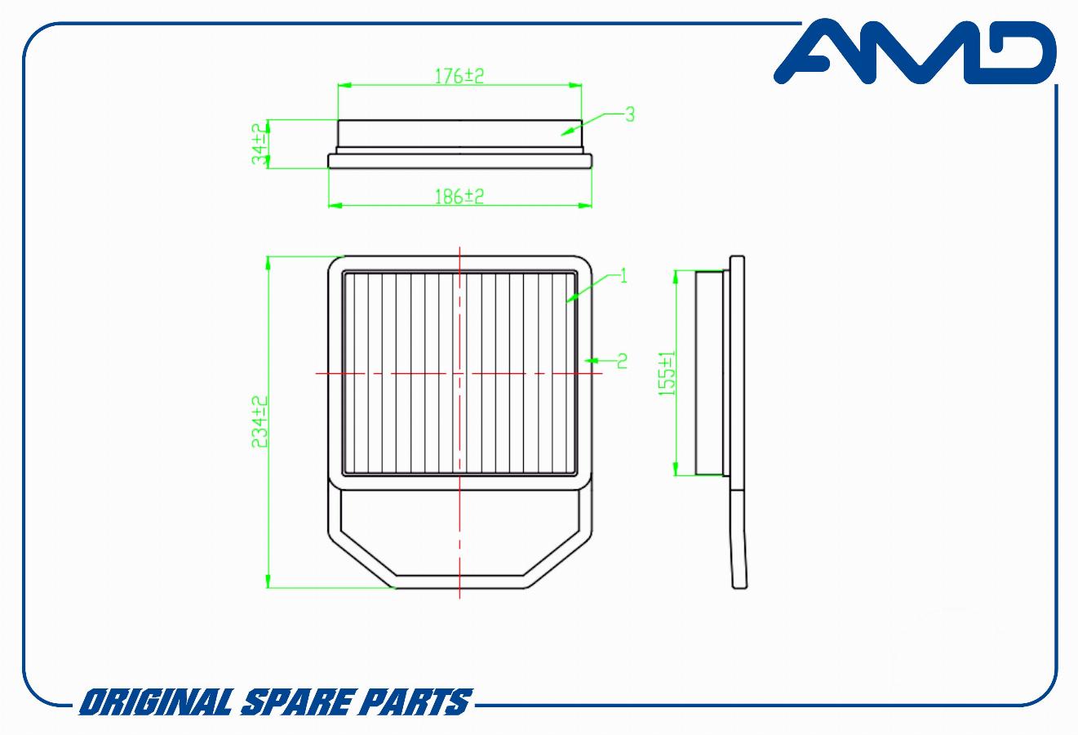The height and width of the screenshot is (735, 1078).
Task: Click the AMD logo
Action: [x=914, y=52]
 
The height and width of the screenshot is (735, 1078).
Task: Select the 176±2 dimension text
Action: [x=459, y=76]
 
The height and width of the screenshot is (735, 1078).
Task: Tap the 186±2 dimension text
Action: [x=459, y=197]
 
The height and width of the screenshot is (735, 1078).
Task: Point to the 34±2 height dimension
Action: [x=260, y=144]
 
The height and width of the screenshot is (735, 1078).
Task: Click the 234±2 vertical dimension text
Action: [x=260, y=422]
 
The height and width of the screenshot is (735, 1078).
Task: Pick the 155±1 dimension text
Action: [x=667, y=374]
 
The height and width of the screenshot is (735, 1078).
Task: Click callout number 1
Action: [x=623, y=276]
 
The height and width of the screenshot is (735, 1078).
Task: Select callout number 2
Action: [x=623, y=361]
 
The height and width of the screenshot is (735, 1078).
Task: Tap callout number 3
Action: [x=630, y=114]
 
